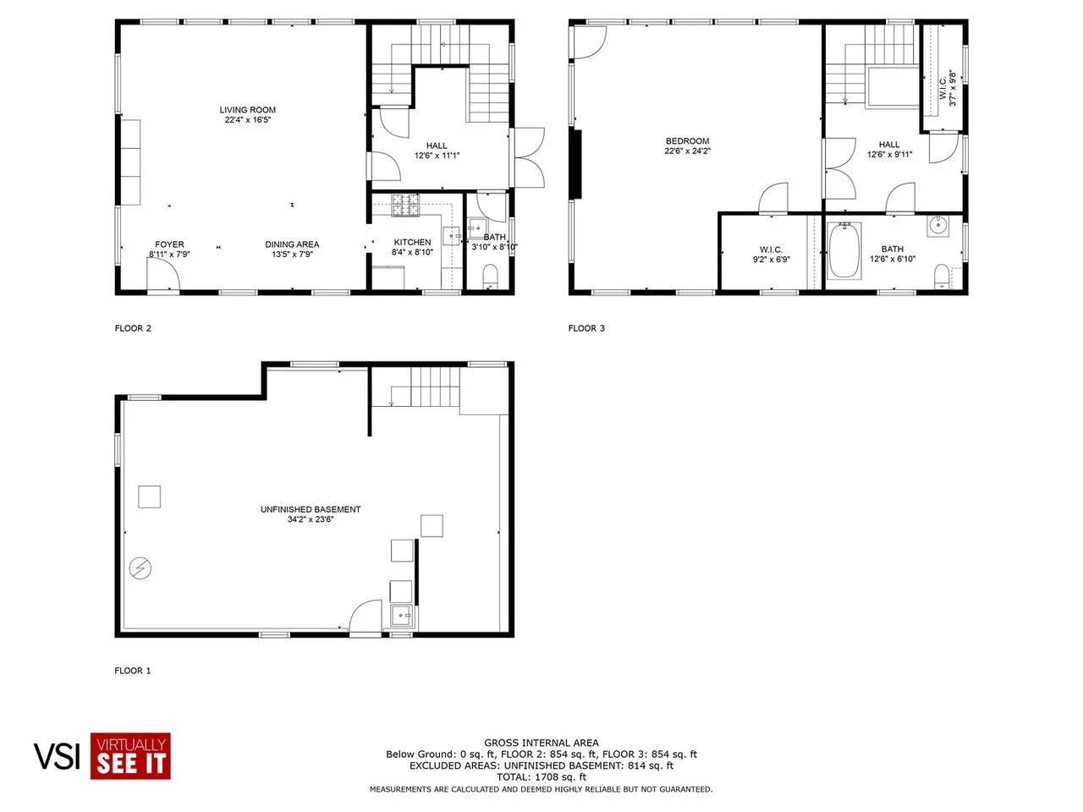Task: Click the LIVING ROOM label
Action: click(247, 110)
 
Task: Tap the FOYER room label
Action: click(169, 244)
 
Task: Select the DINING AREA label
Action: click(292, 244)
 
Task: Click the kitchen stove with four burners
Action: click(405, 205)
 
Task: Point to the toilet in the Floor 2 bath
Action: click(490, 277)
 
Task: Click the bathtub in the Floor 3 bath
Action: click(844, 250)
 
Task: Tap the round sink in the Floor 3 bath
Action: click(937, 226)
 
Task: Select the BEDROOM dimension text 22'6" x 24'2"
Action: click(687, 151)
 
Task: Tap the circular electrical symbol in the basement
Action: click(140, 568)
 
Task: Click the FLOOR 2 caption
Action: click(133, 328)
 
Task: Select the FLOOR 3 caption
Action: click(586, 328)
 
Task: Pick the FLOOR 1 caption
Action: click(132, 671)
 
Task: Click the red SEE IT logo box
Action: click(130, 756)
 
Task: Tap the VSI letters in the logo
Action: click(57, 756)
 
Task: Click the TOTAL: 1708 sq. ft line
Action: click(541, 777)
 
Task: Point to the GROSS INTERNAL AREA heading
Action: click(541, 743)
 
